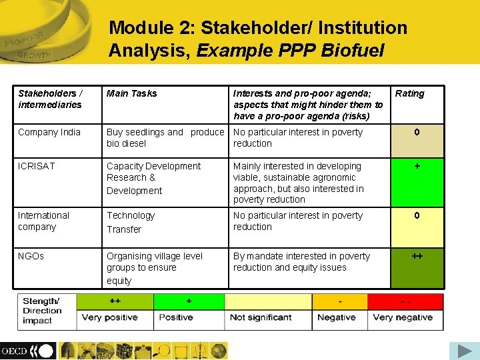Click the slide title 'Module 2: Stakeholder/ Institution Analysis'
point(258,39)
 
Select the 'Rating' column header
point(409,93)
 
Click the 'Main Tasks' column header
point(132,93)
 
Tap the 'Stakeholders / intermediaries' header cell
point(50,99)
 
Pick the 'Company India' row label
point(49,132)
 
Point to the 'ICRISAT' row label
point(37,166)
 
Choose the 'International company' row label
point(43,221)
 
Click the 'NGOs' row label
point(31,256)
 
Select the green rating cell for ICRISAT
point(417,182)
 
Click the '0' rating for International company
point(417,227)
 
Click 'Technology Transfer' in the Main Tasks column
point(131,222)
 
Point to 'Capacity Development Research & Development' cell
point(153,178)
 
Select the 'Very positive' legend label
point(110,317)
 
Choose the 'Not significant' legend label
point(261,317)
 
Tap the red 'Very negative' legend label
point(403,317)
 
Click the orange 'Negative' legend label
point(336,317)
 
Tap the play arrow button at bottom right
point(460,350)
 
